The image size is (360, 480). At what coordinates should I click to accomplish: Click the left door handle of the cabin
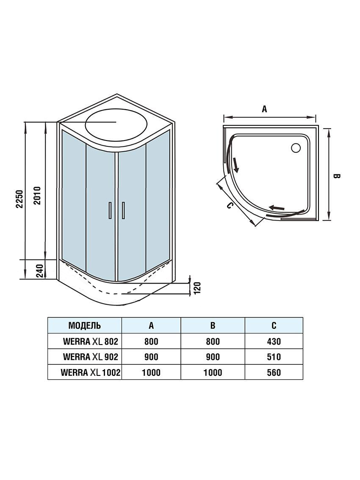click(110, 210)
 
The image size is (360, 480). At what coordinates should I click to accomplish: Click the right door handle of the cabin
click(123, 210)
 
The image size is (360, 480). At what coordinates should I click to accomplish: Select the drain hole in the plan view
click(296, 148)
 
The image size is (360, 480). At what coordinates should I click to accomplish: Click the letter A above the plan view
click(264, 109)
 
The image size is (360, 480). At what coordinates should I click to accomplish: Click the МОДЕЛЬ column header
click(84, 326)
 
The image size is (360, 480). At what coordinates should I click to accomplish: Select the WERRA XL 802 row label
click(90, 341)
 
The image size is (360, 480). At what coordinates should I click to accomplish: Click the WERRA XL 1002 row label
click(91, 372)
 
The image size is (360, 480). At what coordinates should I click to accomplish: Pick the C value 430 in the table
click(274, 341)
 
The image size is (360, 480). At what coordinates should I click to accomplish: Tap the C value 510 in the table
click(274, 357)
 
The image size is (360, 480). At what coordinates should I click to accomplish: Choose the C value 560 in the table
click(274, 372)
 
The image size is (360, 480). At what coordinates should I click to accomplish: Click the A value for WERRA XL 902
click(151, 357)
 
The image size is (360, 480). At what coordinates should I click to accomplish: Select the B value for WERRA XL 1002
click(213, 372)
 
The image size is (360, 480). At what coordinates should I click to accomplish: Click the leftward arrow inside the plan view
click(278, 207)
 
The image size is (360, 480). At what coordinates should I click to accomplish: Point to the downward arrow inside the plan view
click(235, 165)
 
